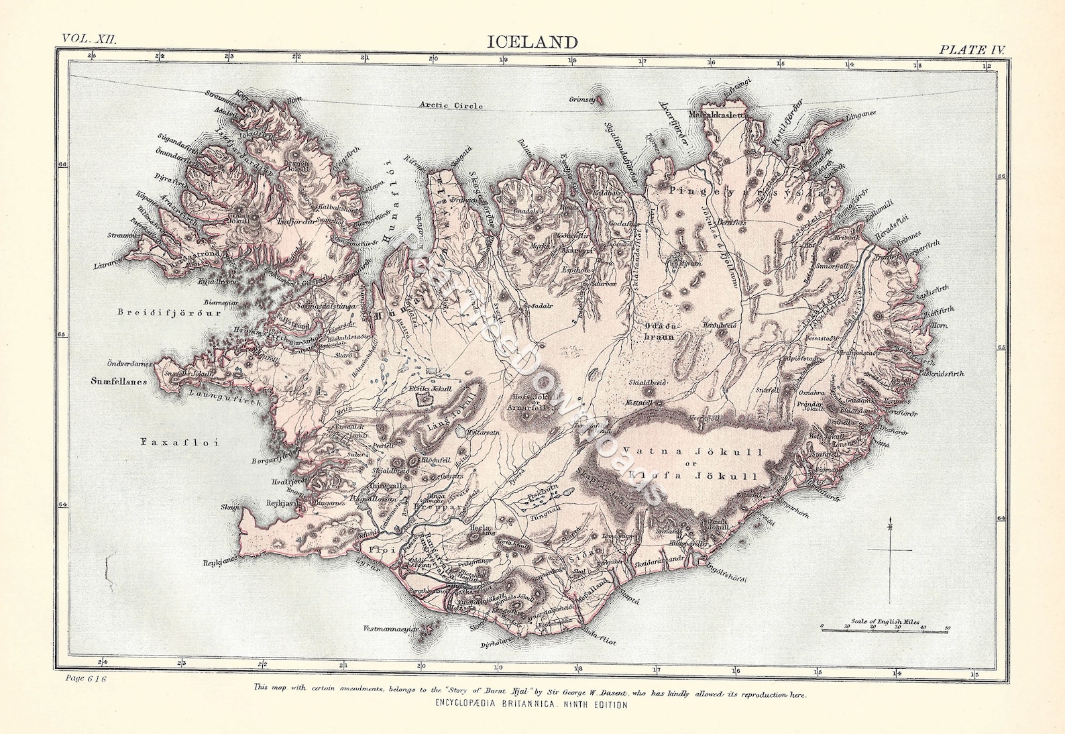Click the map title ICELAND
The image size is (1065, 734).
532,42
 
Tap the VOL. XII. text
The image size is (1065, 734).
89,38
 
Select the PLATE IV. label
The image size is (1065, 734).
972,50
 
